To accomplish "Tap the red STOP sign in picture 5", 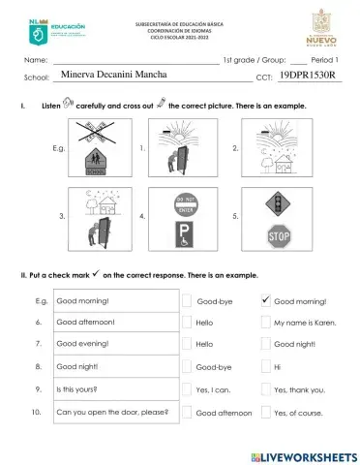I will (279, 234).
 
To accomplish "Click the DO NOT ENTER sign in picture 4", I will (186, 206).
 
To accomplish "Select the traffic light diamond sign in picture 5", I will (279, 205).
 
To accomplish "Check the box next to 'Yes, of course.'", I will (266, 413).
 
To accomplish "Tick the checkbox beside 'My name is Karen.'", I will (266, 322).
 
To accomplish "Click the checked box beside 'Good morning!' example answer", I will (266, 300).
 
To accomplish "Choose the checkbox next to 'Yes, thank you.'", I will (266, 390).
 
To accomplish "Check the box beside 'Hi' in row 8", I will (266, 367).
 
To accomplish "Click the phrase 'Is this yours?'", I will (76, 389).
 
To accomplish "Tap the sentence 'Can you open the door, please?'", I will (112, 412).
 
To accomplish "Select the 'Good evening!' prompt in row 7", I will (84, 344).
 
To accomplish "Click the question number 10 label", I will (36, 412).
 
